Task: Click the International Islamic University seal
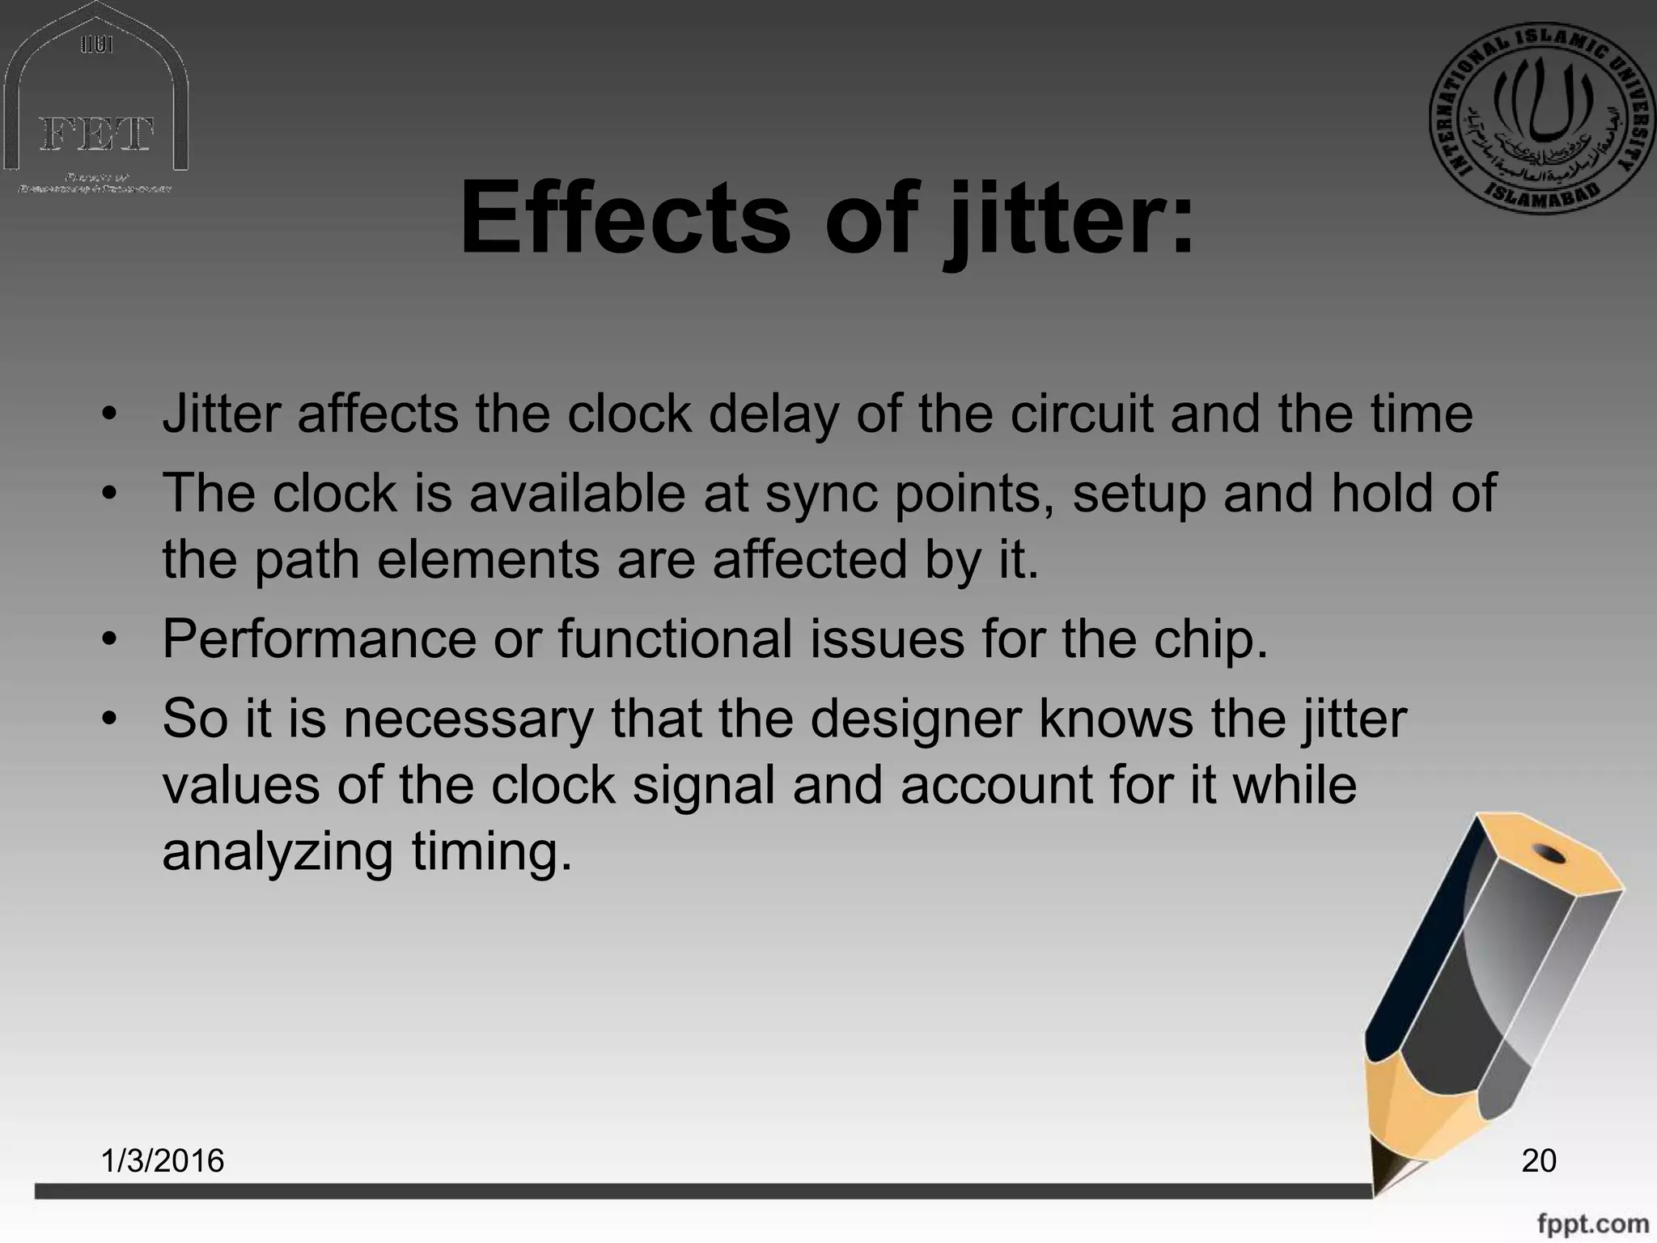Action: (1540, 118)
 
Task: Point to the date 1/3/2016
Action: (163, 1160)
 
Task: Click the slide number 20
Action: (1539, 1160)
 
